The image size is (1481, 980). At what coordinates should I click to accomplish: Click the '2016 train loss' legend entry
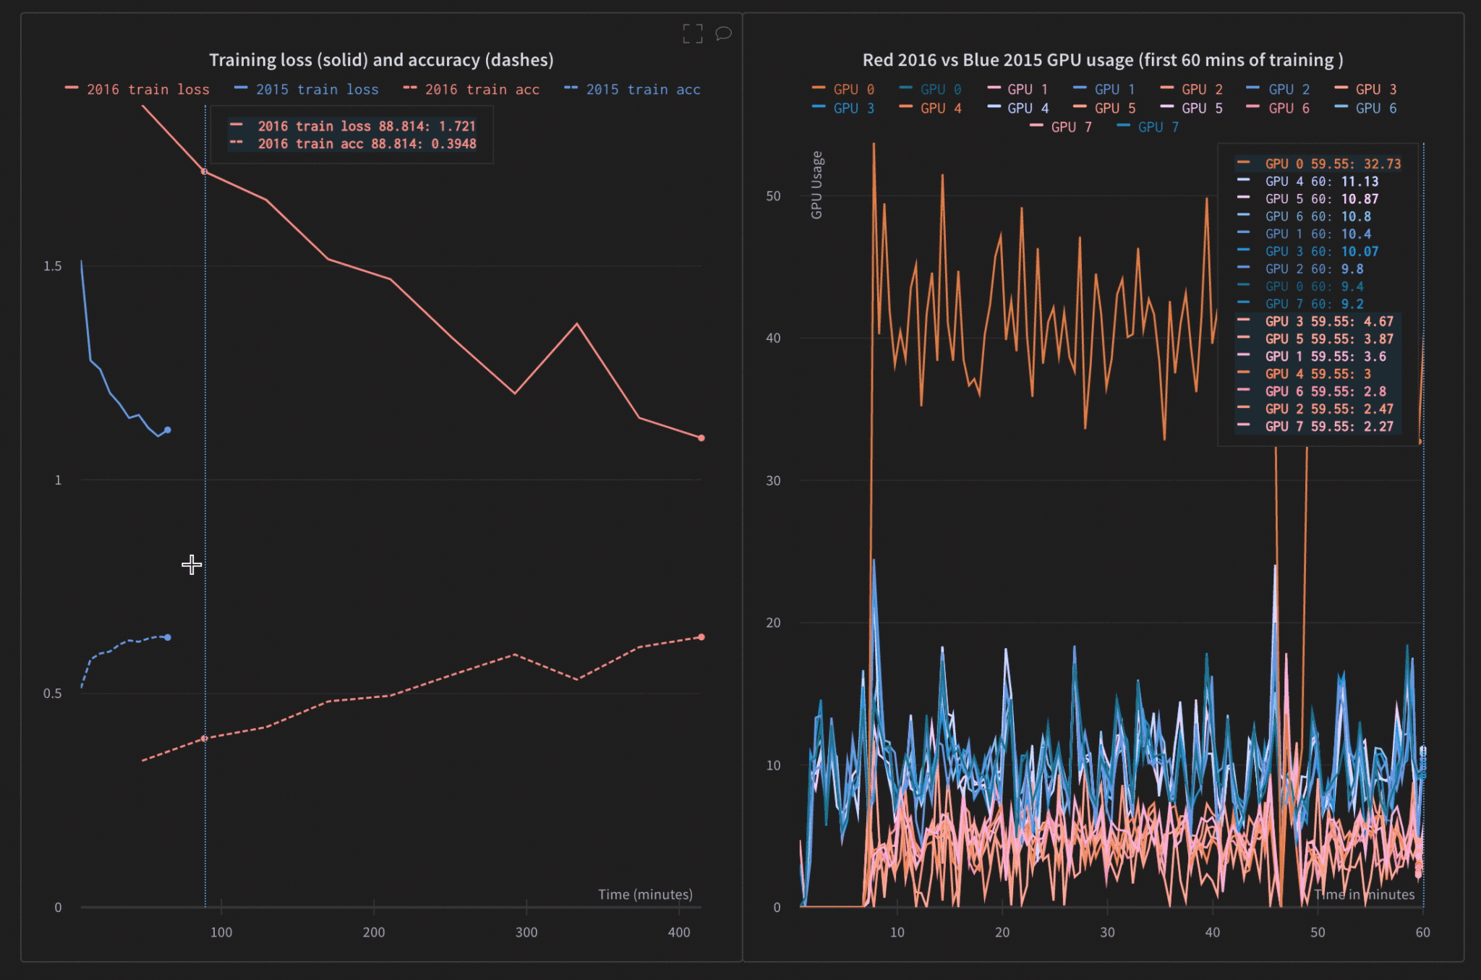coord(148,90)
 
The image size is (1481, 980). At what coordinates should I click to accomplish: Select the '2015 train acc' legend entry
coord(642,90)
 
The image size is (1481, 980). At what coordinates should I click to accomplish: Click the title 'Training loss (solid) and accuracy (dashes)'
coord(381,60)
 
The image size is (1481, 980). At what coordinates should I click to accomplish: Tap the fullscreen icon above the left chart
coord(692,33)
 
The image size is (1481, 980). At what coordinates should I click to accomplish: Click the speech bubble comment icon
coord(723,33)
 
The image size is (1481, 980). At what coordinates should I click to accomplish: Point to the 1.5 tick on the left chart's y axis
coord(53,266)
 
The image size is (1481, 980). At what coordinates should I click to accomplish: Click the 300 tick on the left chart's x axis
coord(526,932)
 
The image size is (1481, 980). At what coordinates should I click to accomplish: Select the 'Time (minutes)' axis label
coord(645,895)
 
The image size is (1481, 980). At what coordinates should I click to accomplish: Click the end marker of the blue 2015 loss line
coord(168,430)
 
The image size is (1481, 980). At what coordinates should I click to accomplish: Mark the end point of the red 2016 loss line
coord(701,438)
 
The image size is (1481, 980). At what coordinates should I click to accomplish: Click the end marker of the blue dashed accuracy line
coord(168,637)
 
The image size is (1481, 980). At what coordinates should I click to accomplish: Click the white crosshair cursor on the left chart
coord(192,565)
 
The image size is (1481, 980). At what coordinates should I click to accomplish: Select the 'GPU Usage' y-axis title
coord(816,185)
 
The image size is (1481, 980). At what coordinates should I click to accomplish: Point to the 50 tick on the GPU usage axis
coord(773,196)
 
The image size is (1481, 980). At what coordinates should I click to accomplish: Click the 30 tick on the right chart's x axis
coord(1107,932)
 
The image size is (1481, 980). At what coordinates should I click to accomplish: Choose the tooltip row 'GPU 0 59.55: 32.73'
coord(1332,164)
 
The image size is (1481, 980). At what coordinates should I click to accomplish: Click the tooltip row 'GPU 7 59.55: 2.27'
coord(1328,427)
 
